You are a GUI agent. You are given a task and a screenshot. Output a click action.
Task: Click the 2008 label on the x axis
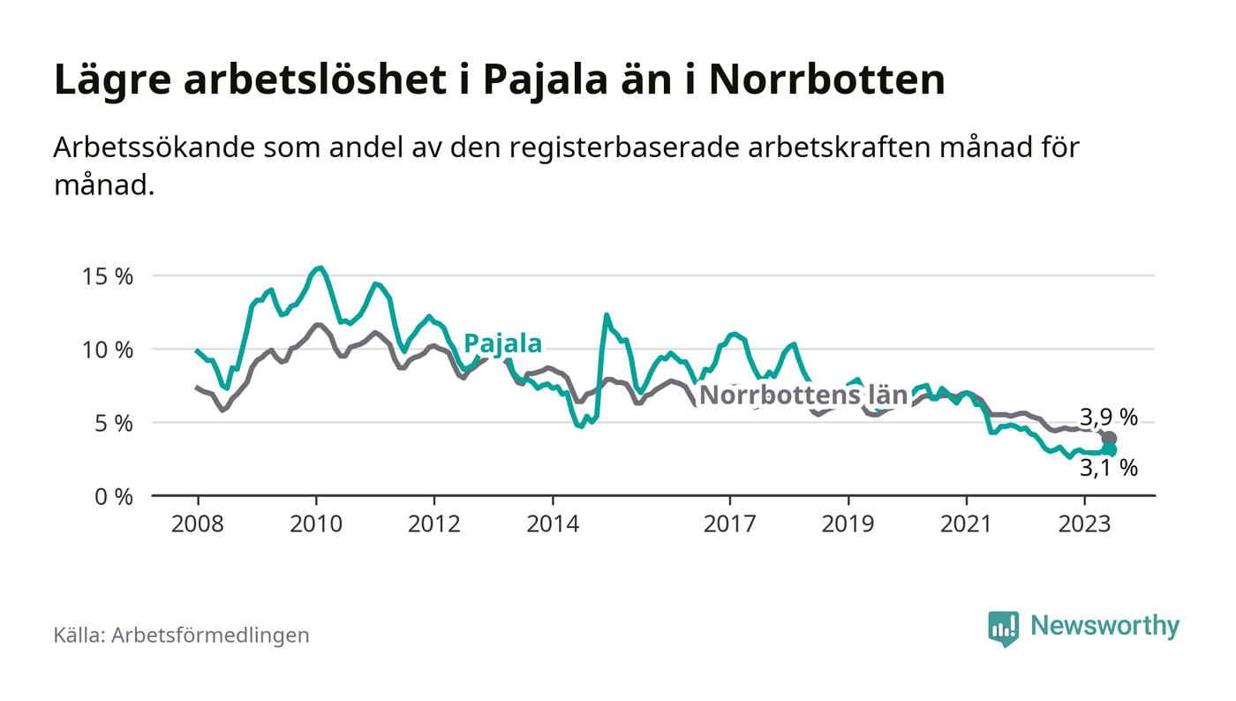[x=197, y=523]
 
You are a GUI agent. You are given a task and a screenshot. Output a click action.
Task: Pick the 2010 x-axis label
[x=315, y=523]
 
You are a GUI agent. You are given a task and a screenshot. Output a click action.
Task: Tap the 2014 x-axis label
[x=552, y=523]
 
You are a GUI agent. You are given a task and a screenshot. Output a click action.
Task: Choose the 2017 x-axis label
[x=729, y=523]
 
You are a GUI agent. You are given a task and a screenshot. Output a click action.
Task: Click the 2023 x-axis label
[x=1084, y=523]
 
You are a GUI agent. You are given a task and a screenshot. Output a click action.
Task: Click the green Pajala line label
[x=502, y=343]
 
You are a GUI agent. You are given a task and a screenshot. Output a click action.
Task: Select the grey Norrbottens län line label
[x=803, y=396]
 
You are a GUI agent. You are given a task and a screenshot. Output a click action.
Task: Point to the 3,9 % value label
[x=1108, y=417]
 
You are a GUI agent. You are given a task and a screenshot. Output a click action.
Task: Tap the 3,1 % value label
[x=1109, y=469]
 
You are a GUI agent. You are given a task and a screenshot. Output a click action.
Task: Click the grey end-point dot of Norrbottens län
[x=1110, y=439]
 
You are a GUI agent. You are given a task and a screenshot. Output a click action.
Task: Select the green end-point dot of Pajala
[x=1110, y=450]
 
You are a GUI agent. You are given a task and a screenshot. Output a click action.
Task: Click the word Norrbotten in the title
[x=826, y=79]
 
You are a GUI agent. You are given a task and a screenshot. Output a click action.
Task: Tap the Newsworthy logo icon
[x=1003, y=628]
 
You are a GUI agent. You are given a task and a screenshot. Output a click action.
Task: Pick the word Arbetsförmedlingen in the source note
[x=210, y=635]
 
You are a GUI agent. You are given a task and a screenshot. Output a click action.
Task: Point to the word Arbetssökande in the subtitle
[x=152, y=147]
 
